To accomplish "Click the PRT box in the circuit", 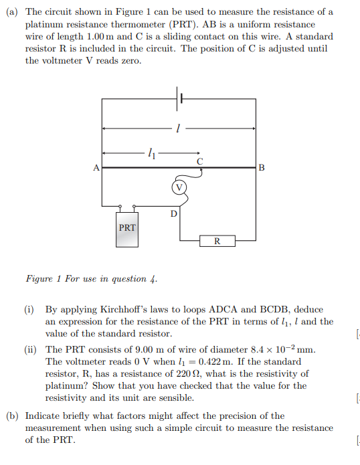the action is (127, 227).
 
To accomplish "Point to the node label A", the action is (96, 167).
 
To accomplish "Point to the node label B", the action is (261, 167).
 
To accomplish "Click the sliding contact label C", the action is (199, 161).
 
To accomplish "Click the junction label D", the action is (173, 214).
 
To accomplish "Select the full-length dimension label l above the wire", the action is (179, 127).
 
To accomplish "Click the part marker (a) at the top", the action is (13, 12).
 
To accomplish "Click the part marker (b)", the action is (13, 415).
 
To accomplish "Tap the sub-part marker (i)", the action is (31, 310).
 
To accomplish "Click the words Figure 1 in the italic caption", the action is (43, 278).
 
